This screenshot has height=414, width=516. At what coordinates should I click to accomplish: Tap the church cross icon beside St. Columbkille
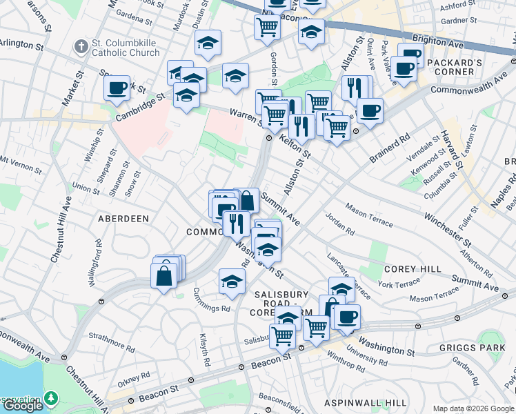point(81,46)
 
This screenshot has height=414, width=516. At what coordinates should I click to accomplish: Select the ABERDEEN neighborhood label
point(124,218)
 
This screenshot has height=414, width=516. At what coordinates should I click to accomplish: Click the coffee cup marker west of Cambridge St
point(117,88)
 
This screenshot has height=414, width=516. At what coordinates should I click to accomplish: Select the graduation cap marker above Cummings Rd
point(232,281)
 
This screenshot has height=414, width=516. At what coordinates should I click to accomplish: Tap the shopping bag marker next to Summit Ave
point(247,201)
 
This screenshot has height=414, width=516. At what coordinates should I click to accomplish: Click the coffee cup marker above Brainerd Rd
point(370,111)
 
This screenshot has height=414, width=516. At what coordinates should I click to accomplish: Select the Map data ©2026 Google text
point(473,408)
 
